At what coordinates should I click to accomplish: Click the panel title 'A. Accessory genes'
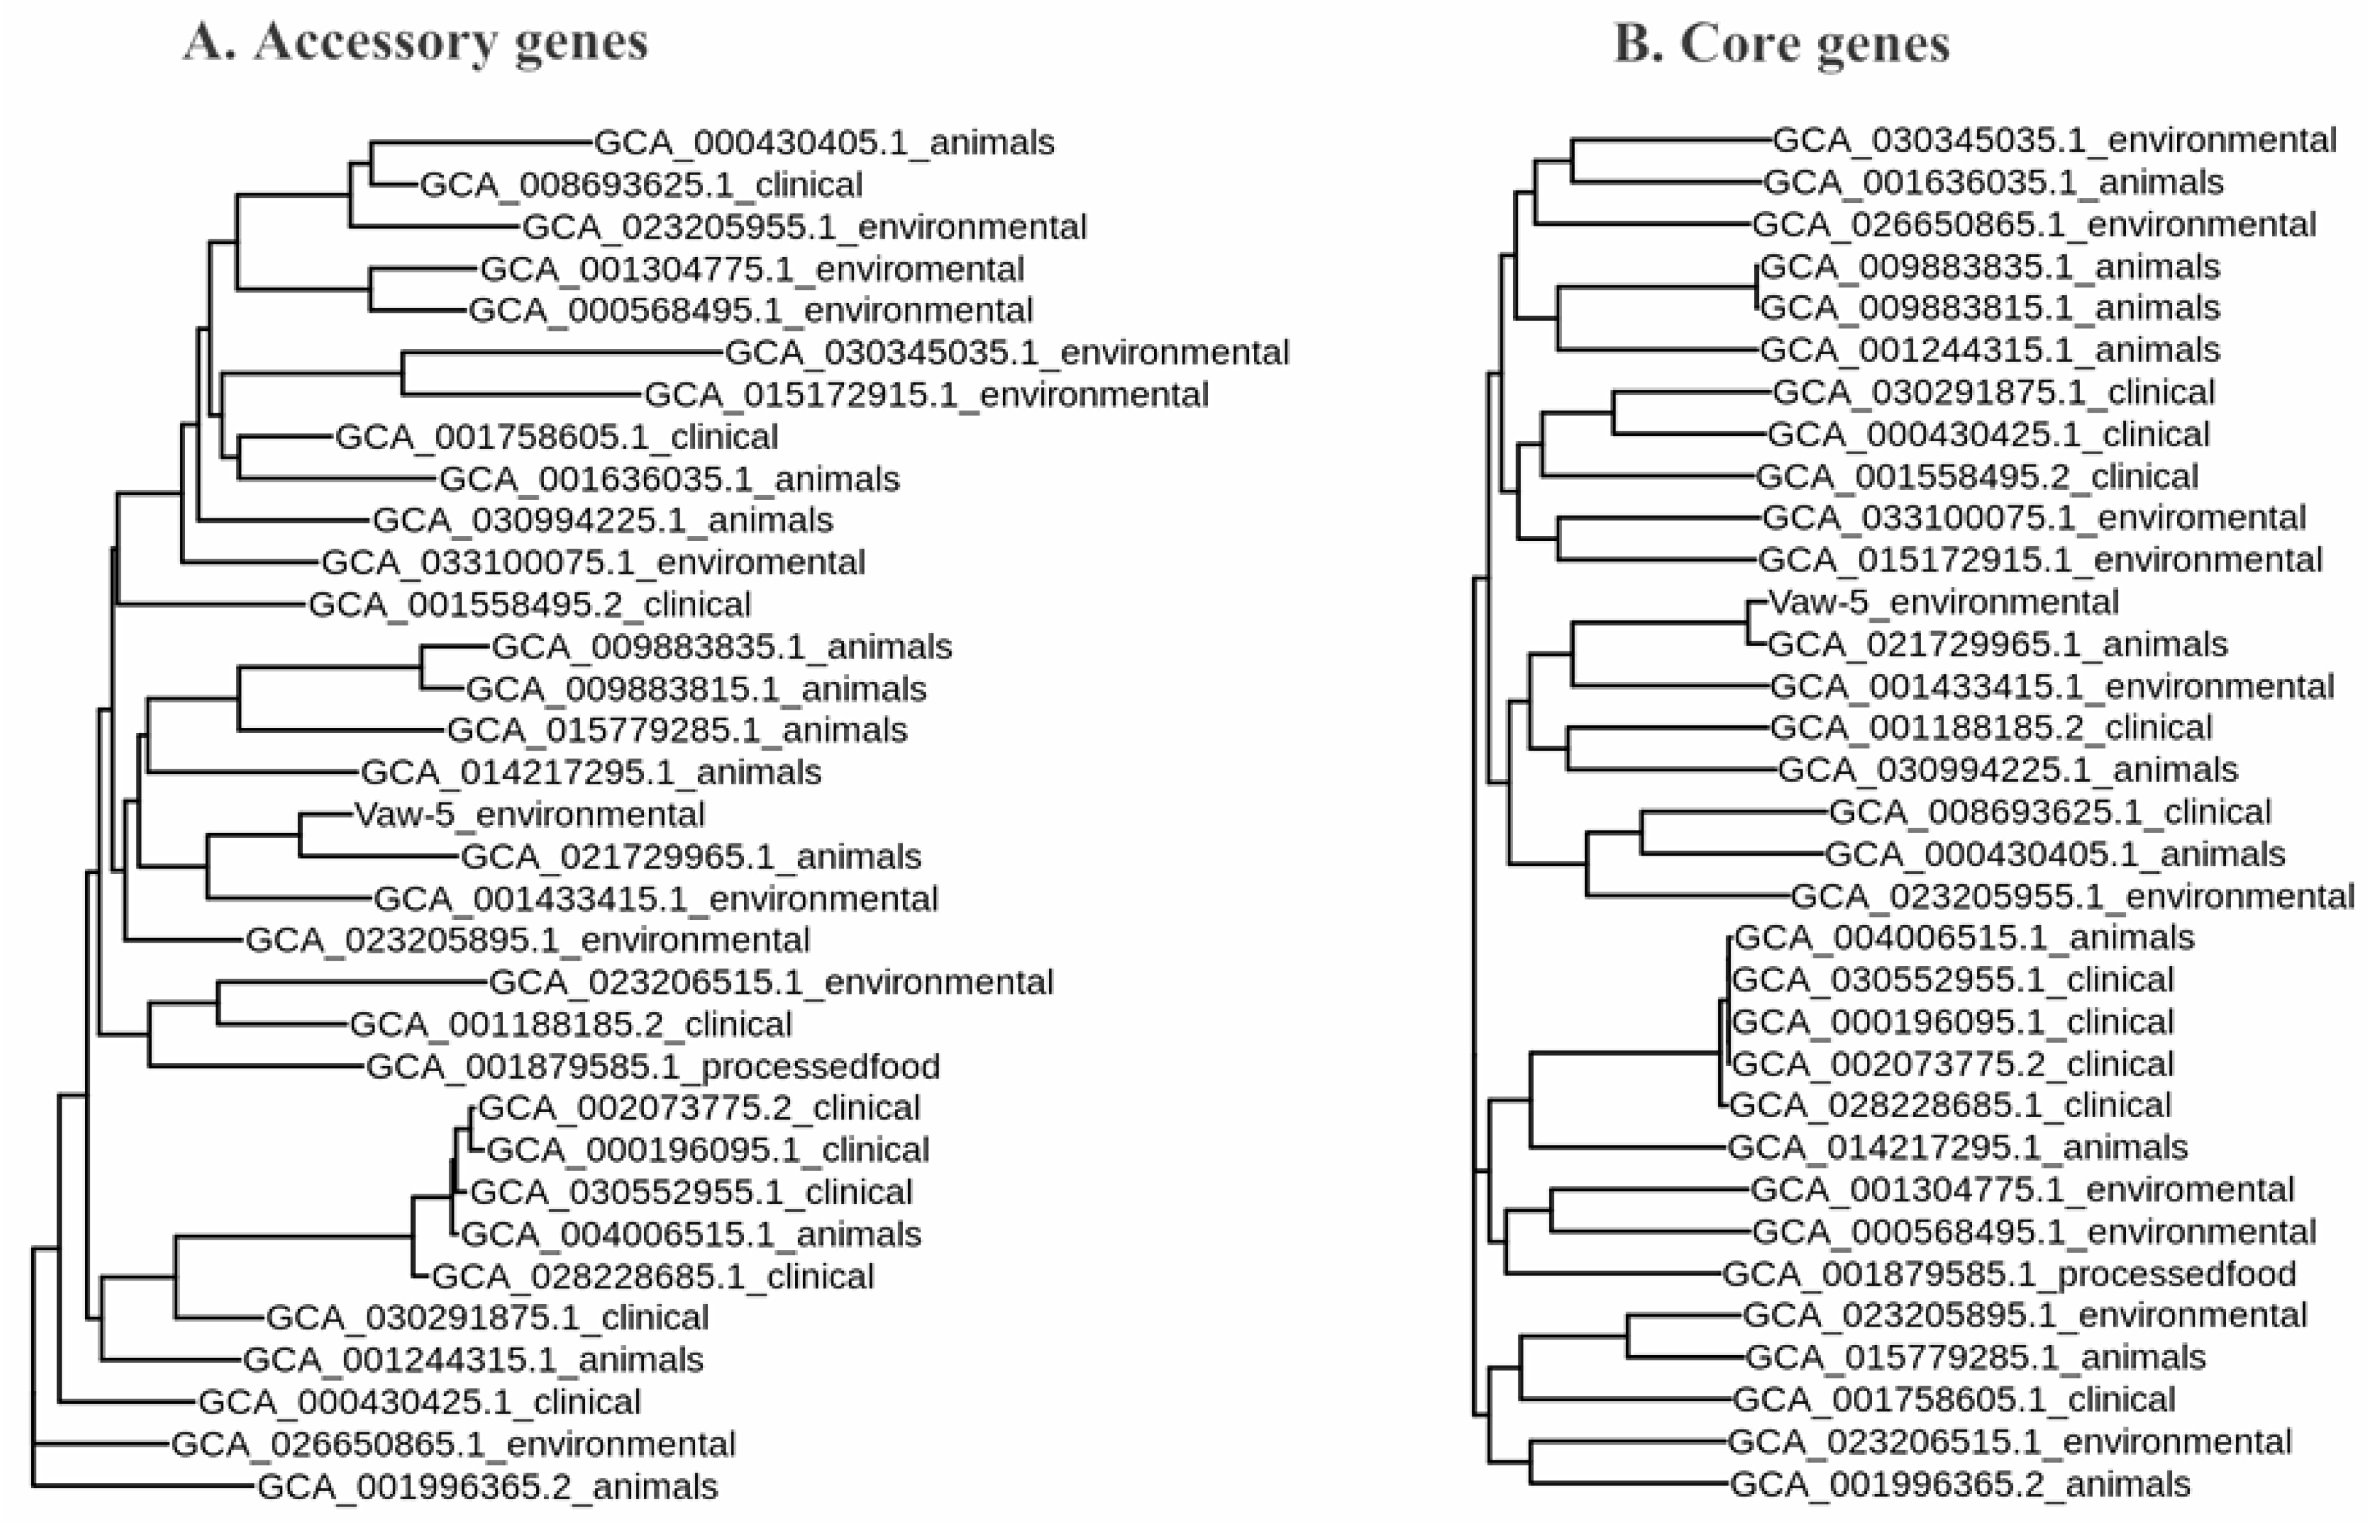click(415, 43)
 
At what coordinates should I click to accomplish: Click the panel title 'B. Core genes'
click(1781, 45)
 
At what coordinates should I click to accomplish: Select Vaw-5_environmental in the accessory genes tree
click(529, 814)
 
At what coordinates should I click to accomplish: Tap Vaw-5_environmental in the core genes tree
click(1943, 603)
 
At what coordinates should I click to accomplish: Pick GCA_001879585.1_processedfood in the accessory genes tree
click(652, 1067)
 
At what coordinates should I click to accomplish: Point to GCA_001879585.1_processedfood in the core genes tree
click(2009, 1273)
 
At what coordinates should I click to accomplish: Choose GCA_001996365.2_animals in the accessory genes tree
click(487, 1488)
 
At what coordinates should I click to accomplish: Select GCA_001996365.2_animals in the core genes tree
click(1960, 1484)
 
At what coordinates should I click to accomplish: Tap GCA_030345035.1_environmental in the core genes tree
click(2054, 140)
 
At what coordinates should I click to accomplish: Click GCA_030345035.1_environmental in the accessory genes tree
click(1007, 353)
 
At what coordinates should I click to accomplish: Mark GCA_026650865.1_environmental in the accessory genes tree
click(454, 1445)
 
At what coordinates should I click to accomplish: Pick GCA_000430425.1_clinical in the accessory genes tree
click(420, 1403)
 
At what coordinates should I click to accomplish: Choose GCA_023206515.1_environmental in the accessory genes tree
click(771, 982)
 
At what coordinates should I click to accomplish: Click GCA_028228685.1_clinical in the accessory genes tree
click(652, 1277)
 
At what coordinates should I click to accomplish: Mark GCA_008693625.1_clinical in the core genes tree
click(2050, 812)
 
